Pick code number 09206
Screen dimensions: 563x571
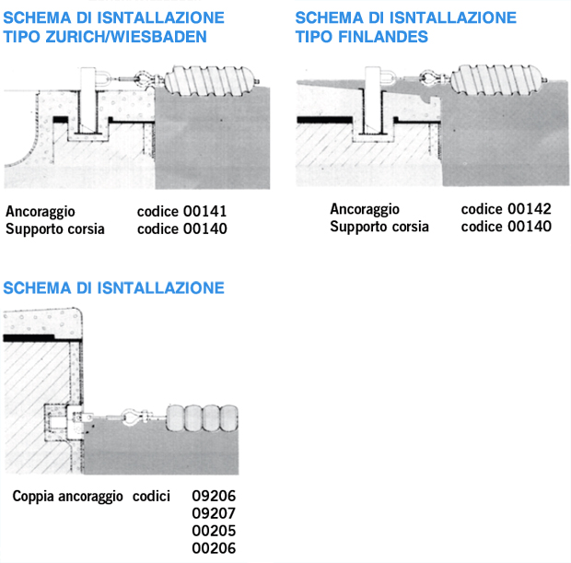(x=214, y=496)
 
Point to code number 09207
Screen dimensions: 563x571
(x=214, y=513)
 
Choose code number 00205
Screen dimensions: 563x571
(x=214, y=531)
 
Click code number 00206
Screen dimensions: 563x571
(x=214, y=548)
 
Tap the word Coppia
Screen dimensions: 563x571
(x=33, y=496)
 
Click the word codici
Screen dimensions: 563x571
(x=152, y=496)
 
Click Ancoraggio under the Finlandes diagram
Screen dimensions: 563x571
(x=365, y=209)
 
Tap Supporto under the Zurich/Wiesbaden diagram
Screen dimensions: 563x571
(x=33, y=229)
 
